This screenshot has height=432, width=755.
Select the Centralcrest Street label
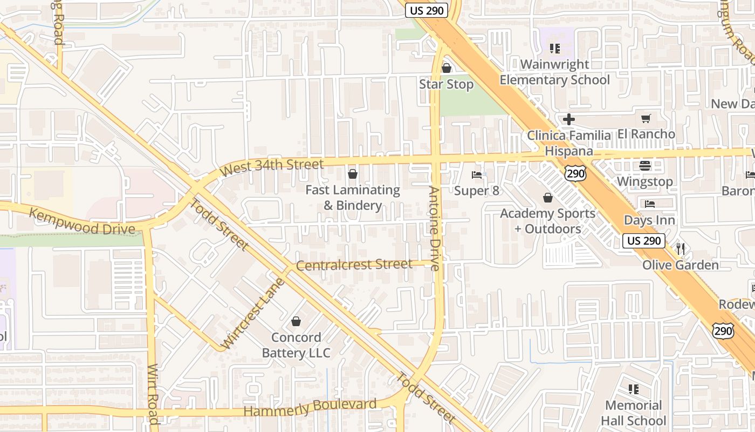pyautogui.click(x=354, y=265)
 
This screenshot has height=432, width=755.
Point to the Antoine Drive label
pyautogui.click(x=435, y=228)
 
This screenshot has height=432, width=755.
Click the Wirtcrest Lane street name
pyautogui.click(x=253, y=314)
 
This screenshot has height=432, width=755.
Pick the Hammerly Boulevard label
pyautogui.click(x=310, y=408)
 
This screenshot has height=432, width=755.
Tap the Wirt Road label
pyautogui.click(x=153, y=394)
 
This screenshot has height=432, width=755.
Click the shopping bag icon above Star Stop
pyautogui.click(x=446, y=68)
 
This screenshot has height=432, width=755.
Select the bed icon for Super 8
pyautogui.click(x=477, y=174)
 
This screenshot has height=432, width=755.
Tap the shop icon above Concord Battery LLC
pyautogui.click(x=296, y=322)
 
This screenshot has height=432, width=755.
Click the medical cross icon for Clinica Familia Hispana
pyautogui.click(x=568, y=119)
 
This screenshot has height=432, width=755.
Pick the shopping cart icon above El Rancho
pyautogui.click(x=646, y=118)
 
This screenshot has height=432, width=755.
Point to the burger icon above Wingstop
pyautogui.click(x=645, y=166)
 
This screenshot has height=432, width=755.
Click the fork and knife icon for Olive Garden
pyautogui.click(x=680, y=249)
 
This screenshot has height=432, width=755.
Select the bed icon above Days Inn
pyautogui.click(x=649, y=204)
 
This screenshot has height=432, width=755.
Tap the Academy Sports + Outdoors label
pyautogui.click(x=547, y=221)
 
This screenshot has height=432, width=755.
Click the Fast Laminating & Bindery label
pyautogui.click(x=353, y=198)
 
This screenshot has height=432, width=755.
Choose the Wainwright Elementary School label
pyautogui.click(x=554, y=72)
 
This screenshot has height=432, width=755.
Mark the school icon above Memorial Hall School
pyautogui.click(x=633, y=389)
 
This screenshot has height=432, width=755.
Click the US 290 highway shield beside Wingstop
pyautogui.click(x=575, y=173)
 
